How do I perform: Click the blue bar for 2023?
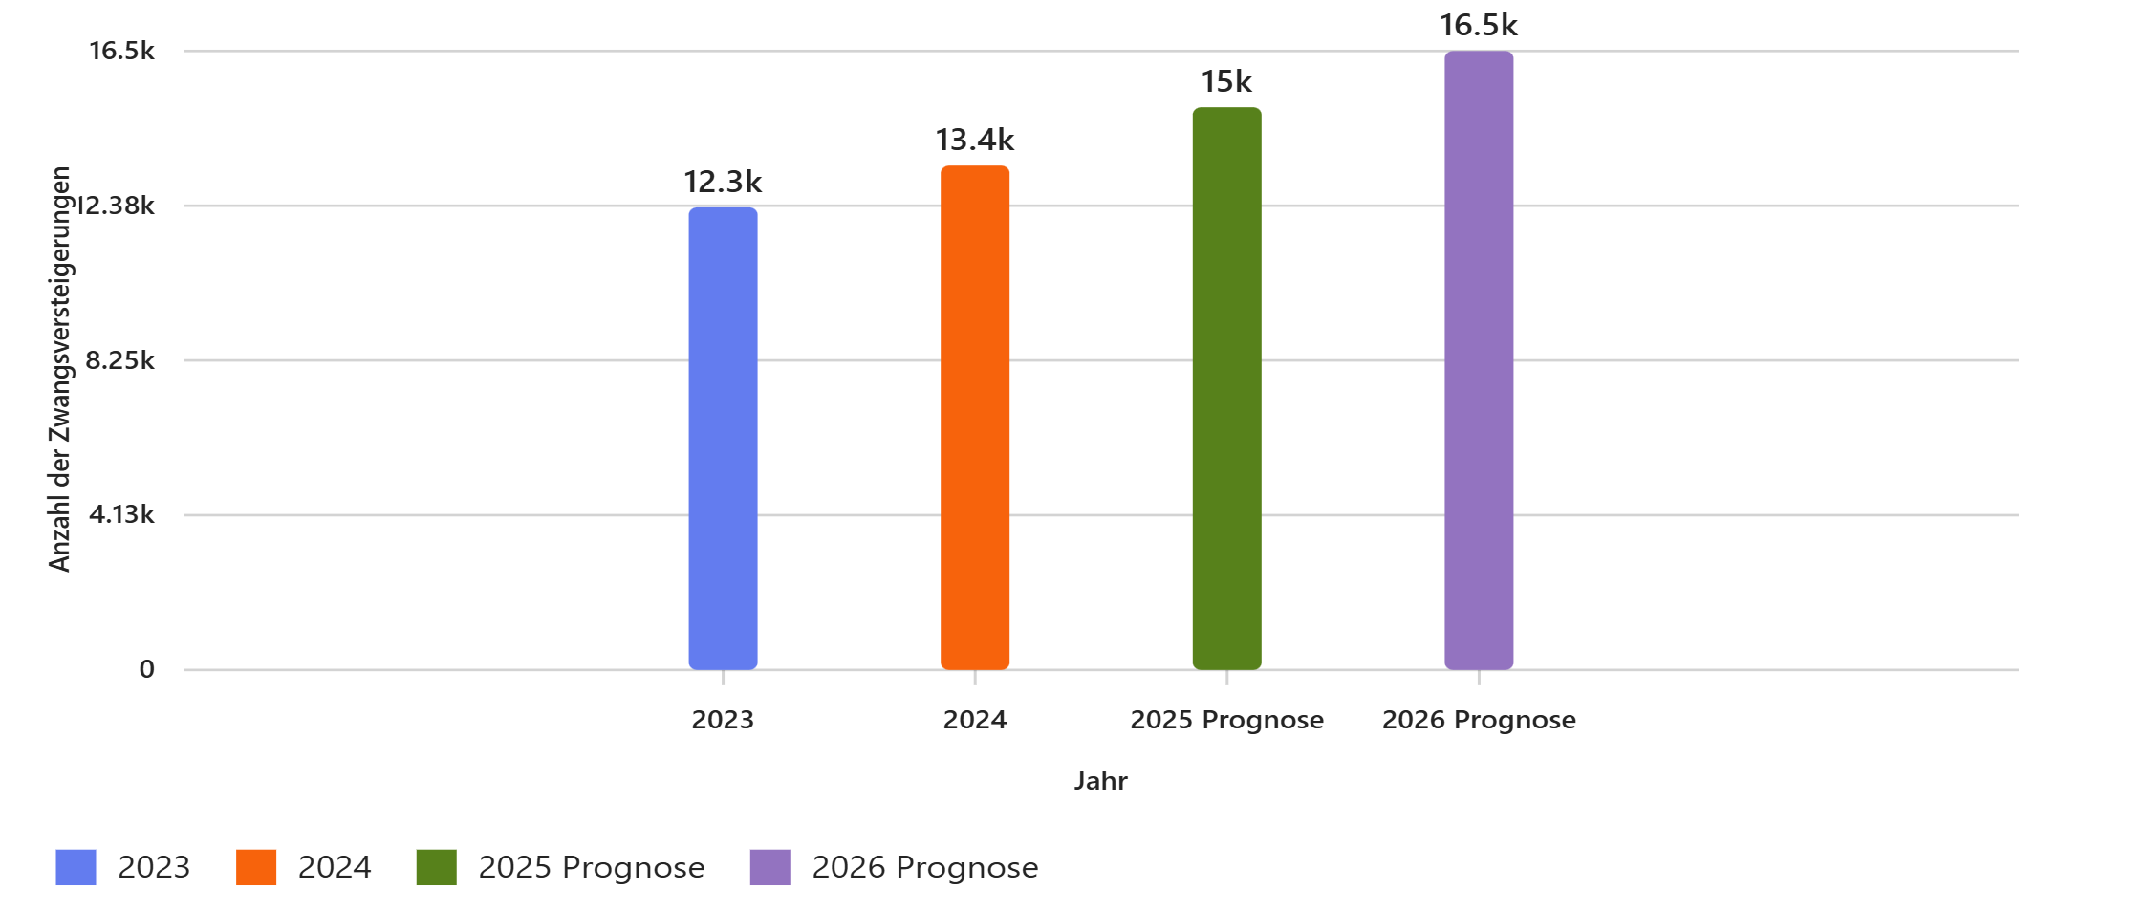723,439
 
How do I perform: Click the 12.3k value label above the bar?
723,182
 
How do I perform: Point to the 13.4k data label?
975,140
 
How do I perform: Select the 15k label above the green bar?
1226,81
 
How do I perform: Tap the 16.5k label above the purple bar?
1479,25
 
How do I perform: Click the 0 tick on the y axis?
146,669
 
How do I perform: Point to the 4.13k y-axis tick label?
121,514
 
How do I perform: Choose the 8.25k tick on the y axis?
119,360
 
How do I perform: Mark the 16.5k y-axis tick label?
121,51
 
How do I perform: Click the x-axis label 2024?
975,720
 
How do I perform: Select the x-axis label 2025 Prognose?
1226,720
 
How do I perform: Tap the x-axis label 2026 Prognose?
1479,720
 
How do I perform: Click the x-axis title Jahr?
1100,781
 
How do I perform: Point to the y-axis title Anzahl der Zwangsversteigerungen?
59,369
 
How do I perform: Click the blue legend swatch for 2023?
76,867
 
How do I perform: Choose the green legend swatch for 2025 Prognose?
436,867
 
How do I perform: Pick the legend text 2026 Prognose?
924,867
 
